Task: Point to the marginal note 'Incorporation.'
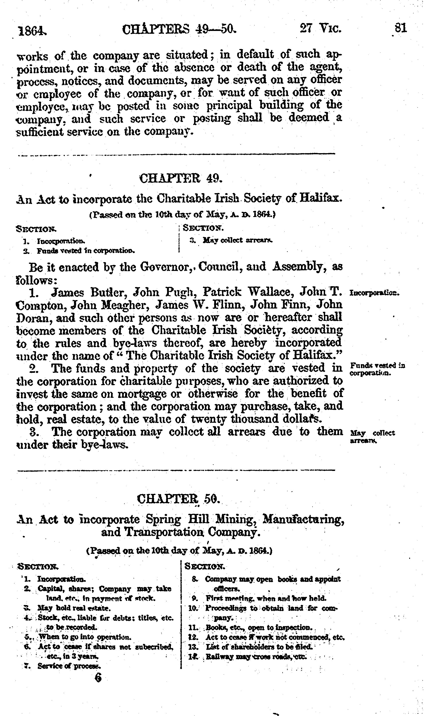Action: pyautogui.click(x=374, y=293)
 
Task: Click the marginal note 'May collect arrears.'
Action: pyautogui.click(x=372, y=437)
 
